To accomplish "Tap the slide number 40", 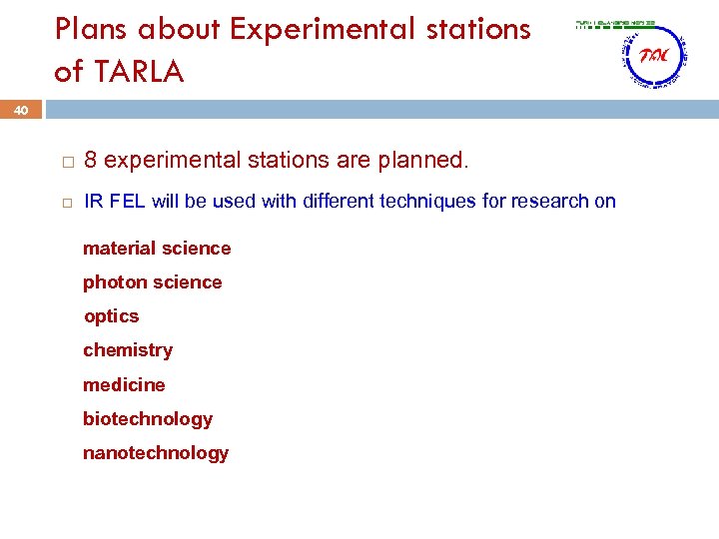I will pyautogui.click(x=21, y=110).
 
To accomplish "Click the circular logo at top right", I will pyautogui.click(x=653, y=57).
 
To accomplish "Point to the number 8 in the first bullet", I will pyautogui.click(x=91, y=160).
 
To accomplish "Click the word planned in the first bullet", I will pyautogui.click(x=429, y=160).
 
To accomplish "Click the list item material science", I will pyautogui.click(x=157, y=249).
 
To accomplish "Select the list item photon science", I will pyautogui.click(x=152, y=282).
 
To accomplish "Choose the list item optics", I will pyautogui.click(x=112, y=316).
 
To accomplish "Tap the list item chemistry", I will pyautogui.click(x=128, y=350).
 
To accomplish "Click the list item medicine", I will pyautogui.click(x=124, y=385).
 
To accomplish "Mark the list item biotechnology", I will pyautogui.click(x=148, y=419).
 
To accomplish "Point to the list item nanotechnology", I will pyautogui.click(x=156, y=453).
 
